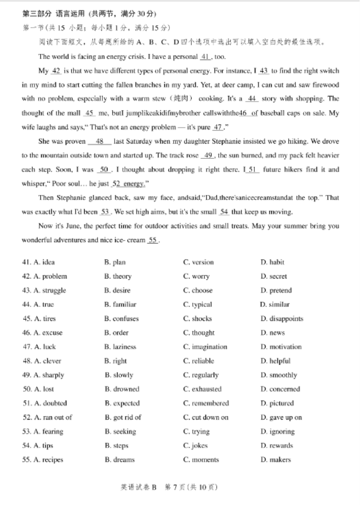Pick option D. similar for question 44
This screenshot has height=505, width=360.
[275, 305]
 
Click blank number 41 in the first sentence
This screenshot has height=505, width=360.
[205, 57]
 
